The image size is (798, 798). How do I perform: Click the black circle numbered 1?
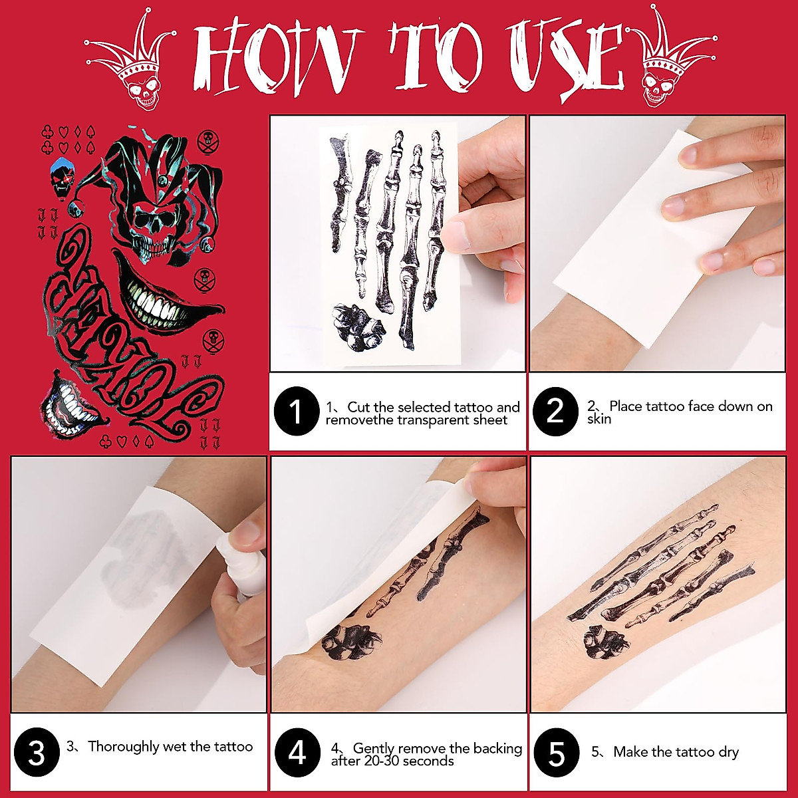[297, 412]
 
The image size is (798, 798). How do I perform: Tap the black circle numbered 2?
[555, 412]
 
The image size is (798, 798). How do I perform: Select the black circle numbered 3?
[36, 754]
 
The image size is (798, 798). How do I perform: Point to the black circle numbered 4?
[297, 754]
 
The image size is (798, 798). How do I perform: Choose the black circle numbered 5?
[556, 754]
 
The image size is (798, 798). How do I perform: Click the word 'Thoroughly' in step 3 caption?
[123, 747]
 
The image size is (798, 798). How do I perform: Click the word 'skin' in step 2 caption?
[598, 419]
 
